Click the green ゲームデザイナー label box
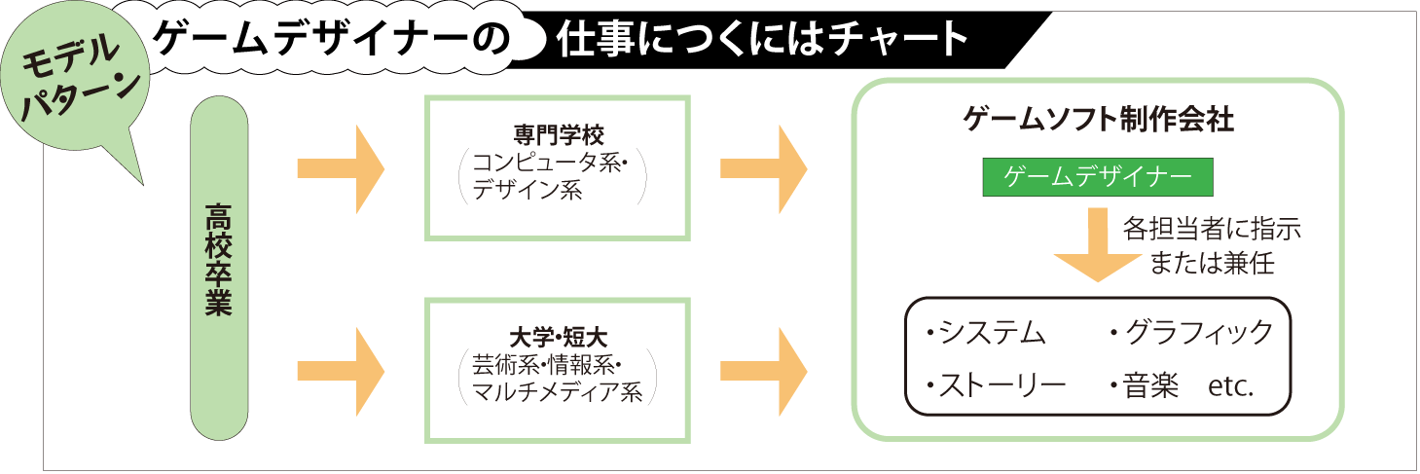point(1098,177)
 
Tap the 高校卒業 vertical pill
point(219,270)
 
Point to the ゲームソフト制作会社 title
point(1098,120)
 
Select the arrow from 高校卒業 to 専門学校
point(340,168)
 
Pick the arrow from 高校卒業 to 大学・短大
point(340,371)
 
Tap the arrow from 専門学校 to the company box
point(763,168)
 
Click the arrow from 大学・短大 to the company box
point(763,371)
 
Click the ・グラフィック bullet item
point(1190,333)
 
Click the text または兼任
point(1211,263)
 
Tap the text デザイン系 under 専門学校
point(527,190)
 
